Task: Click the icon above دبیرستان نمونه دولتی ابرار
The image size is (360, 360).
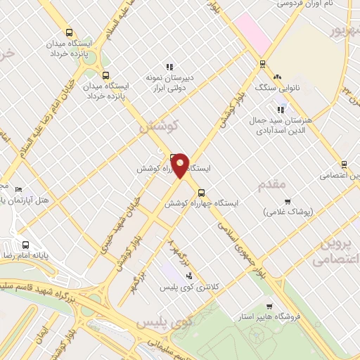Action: coord(168,67)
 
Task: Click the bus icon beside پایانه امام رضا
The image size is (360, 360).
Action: coord(26,245)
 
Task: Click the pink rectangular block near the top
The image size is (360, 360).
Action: coord(253,32)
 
